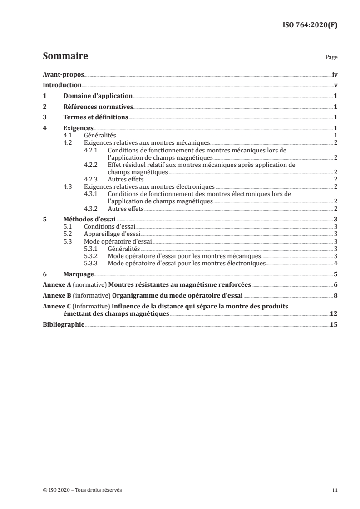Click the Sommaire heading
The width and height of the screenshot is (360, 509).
[65, 57]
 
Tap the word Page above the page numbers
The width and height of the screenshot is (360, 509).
[331, 58]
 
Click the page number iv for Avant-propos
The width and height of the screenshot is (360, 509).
[335, 74]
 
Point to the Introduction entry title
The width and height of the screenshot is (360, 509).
[62, 85]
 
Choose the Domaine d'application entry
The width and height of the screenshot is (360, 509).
[98, 96]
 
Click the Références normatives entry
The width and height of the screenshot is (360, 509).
[98, 107]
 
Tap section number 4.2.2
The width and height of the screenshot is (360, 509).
[92, 165]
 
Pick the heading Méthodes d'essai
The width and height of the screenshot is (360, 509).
[89, 220]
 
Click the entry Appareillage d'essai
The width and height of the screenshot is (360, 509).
[108, 234]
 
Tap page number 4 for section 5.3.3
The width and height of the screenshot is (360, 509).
[335, 263]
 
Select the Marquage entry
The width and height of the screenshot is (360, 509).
[79, 274]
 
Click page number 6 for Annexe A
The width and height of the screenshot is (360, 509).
[335, 285]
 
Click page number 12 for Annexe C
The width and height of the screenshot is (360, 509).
[334, 314]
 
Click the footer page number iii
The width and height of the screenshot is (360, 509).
[335, 490]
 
